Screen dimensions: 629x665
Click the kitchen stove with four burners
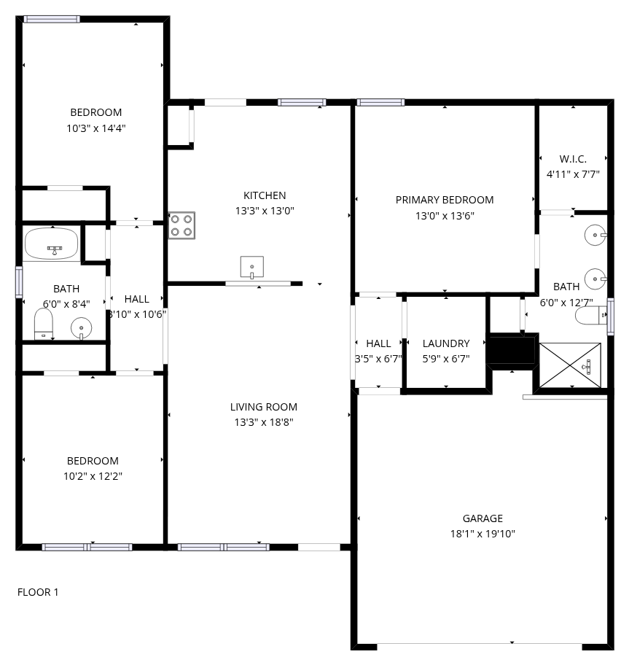coord(181,225)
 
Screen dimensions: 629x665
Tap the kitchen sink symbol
coord(251,267)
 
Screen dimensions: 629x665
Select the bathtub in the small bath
coord(51,244)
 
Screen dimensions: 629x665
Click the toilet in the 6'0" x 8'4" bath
coord(43,324)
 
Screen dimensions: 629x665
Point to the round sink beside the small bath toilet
coord(81,328)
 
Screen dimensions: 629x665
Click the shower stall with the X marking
coord(570,365)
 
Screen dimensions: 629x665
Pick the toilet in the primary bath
coord(591,315)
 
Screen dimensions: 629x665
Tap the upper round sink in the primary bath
coord(595,235)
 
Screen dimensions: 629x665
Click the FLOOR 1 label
coord(38,592)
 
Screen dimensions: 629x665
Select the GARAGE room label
coord(483,518)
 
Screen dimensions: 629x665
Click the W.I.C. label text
coord(573,159)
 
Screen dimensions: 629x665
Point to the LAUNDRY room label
coord(446,343)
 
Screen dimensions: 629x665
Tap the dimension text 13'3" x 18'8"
coord(264,422)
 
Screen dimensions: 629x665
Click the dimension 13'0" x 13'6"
coord(445,215)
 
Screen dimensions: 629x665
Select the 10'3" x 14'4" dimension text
coord(95,128)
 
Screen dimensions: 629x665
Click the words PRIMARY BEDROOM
coord(445,200)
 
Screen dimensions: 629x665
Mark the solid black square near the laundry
coord(512,350)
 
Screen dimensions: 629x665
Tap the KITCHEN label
coord(265,195)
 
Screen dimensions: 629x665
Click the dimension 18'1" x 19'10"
coord(483,534)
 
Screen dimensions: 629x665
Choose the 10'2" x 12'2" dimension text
coord(93,476)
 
